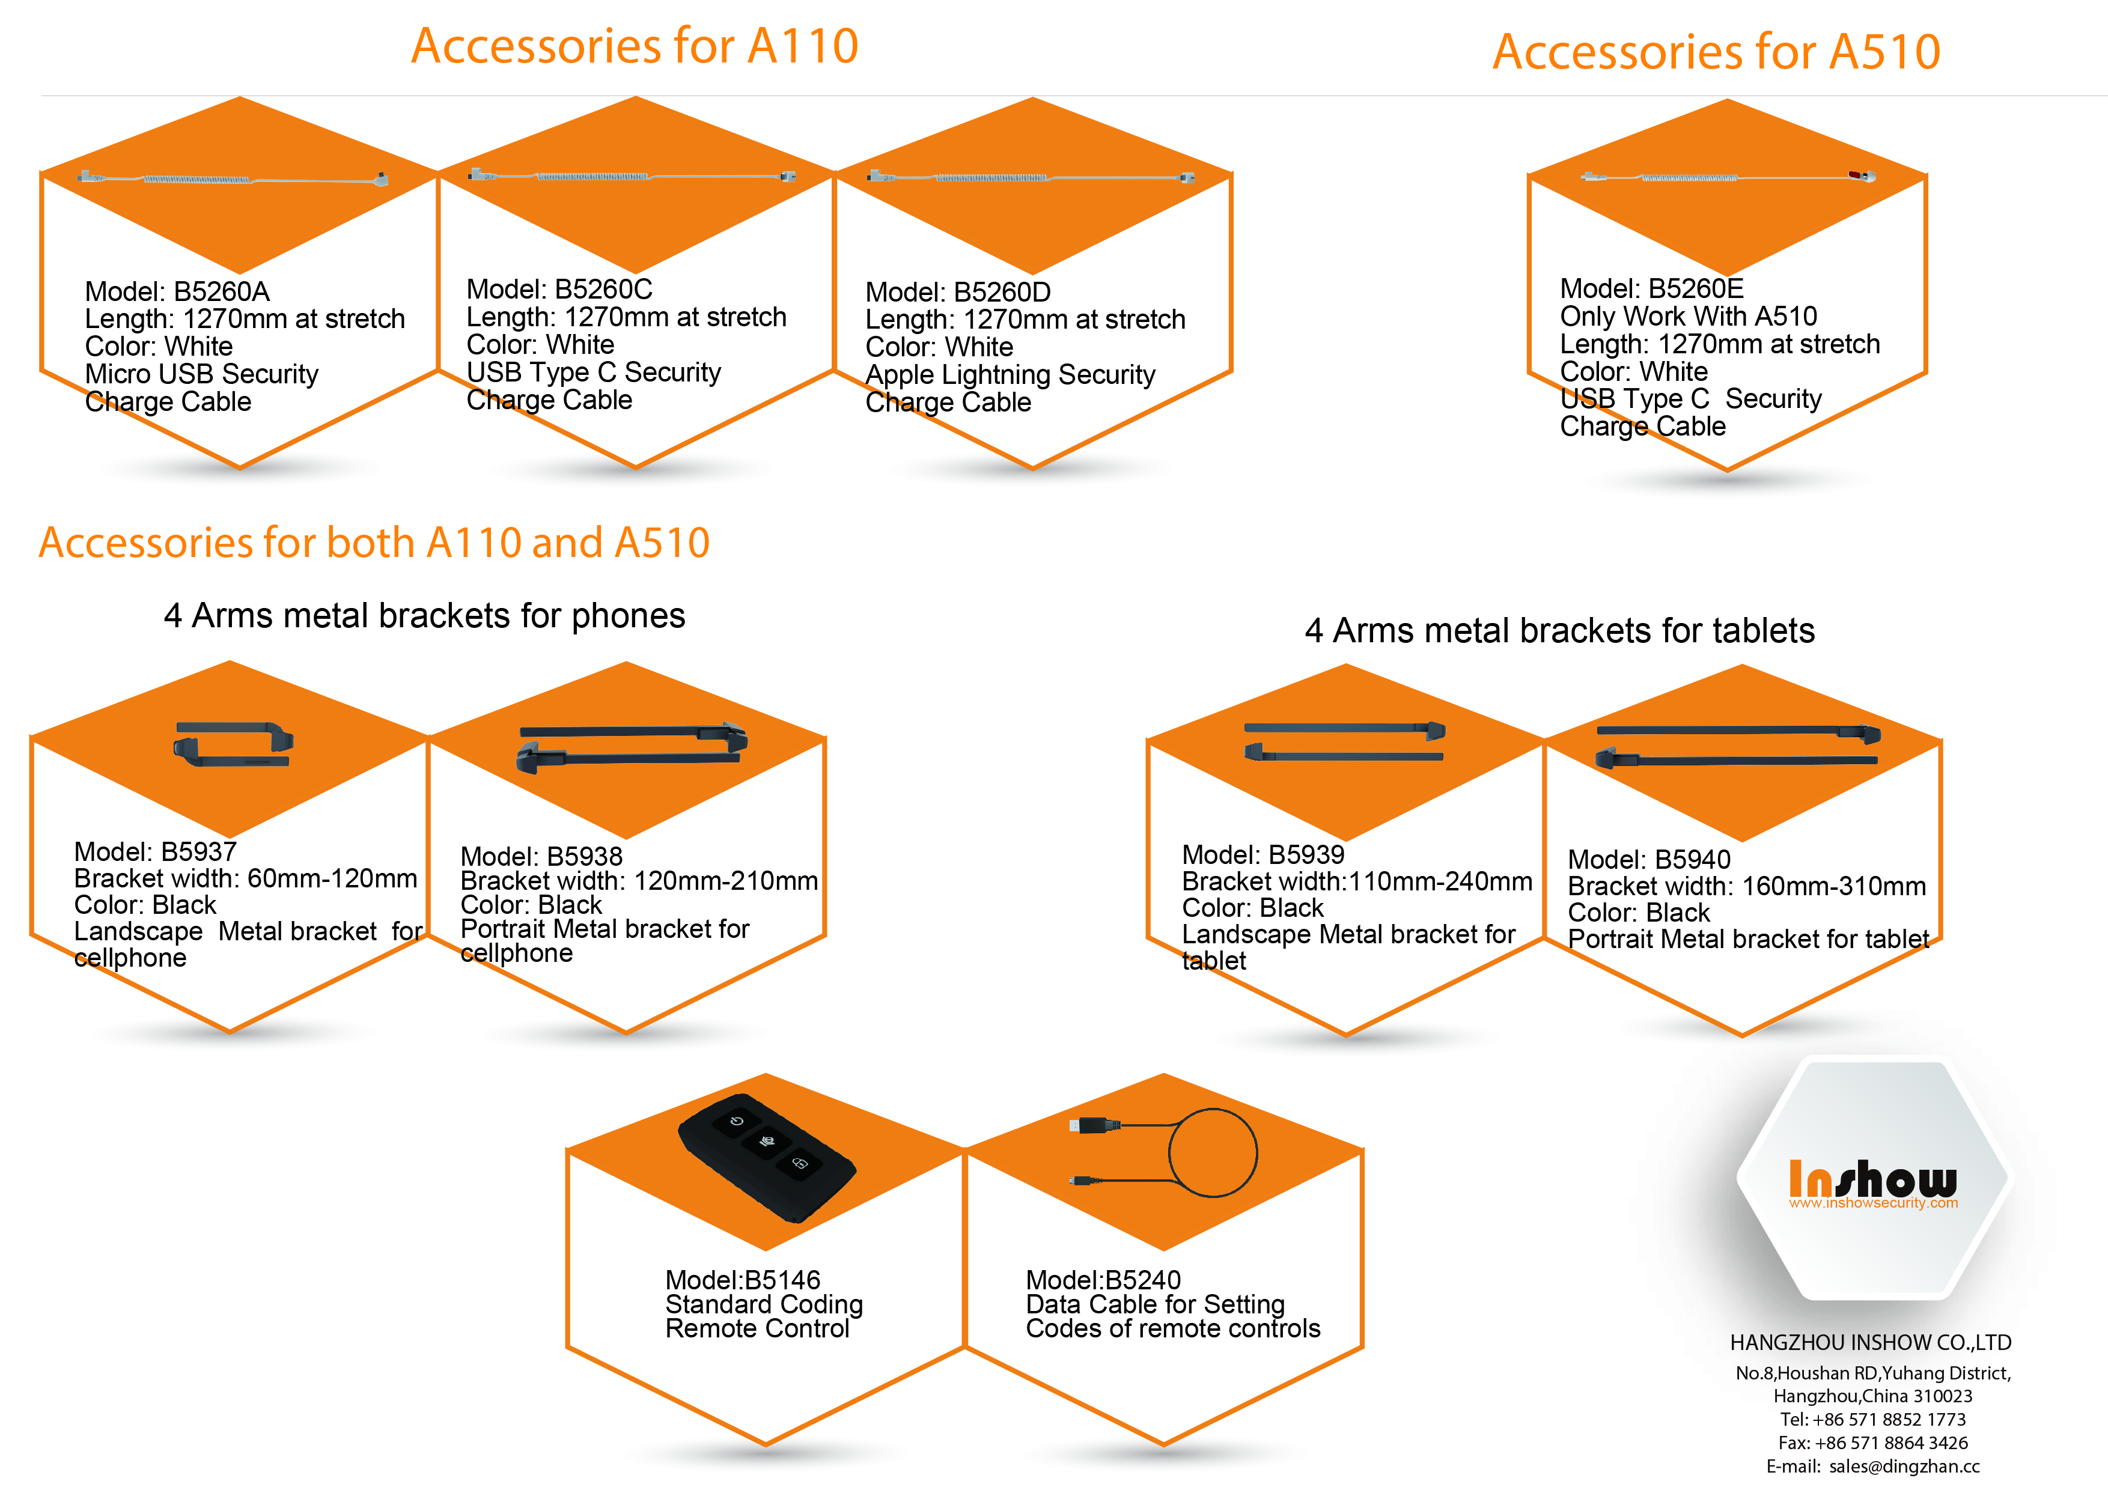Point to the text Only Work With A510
click(1687, 317)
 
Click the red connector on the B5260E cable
click(1856, 174)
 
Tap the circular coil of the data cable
click(1213, 1152)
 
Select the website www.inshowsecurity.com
click(1873, 1203)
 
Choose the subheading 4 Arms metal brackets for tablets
click(1559, 631)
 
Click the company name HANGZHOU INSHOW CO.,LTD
click(1870, 1342)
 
